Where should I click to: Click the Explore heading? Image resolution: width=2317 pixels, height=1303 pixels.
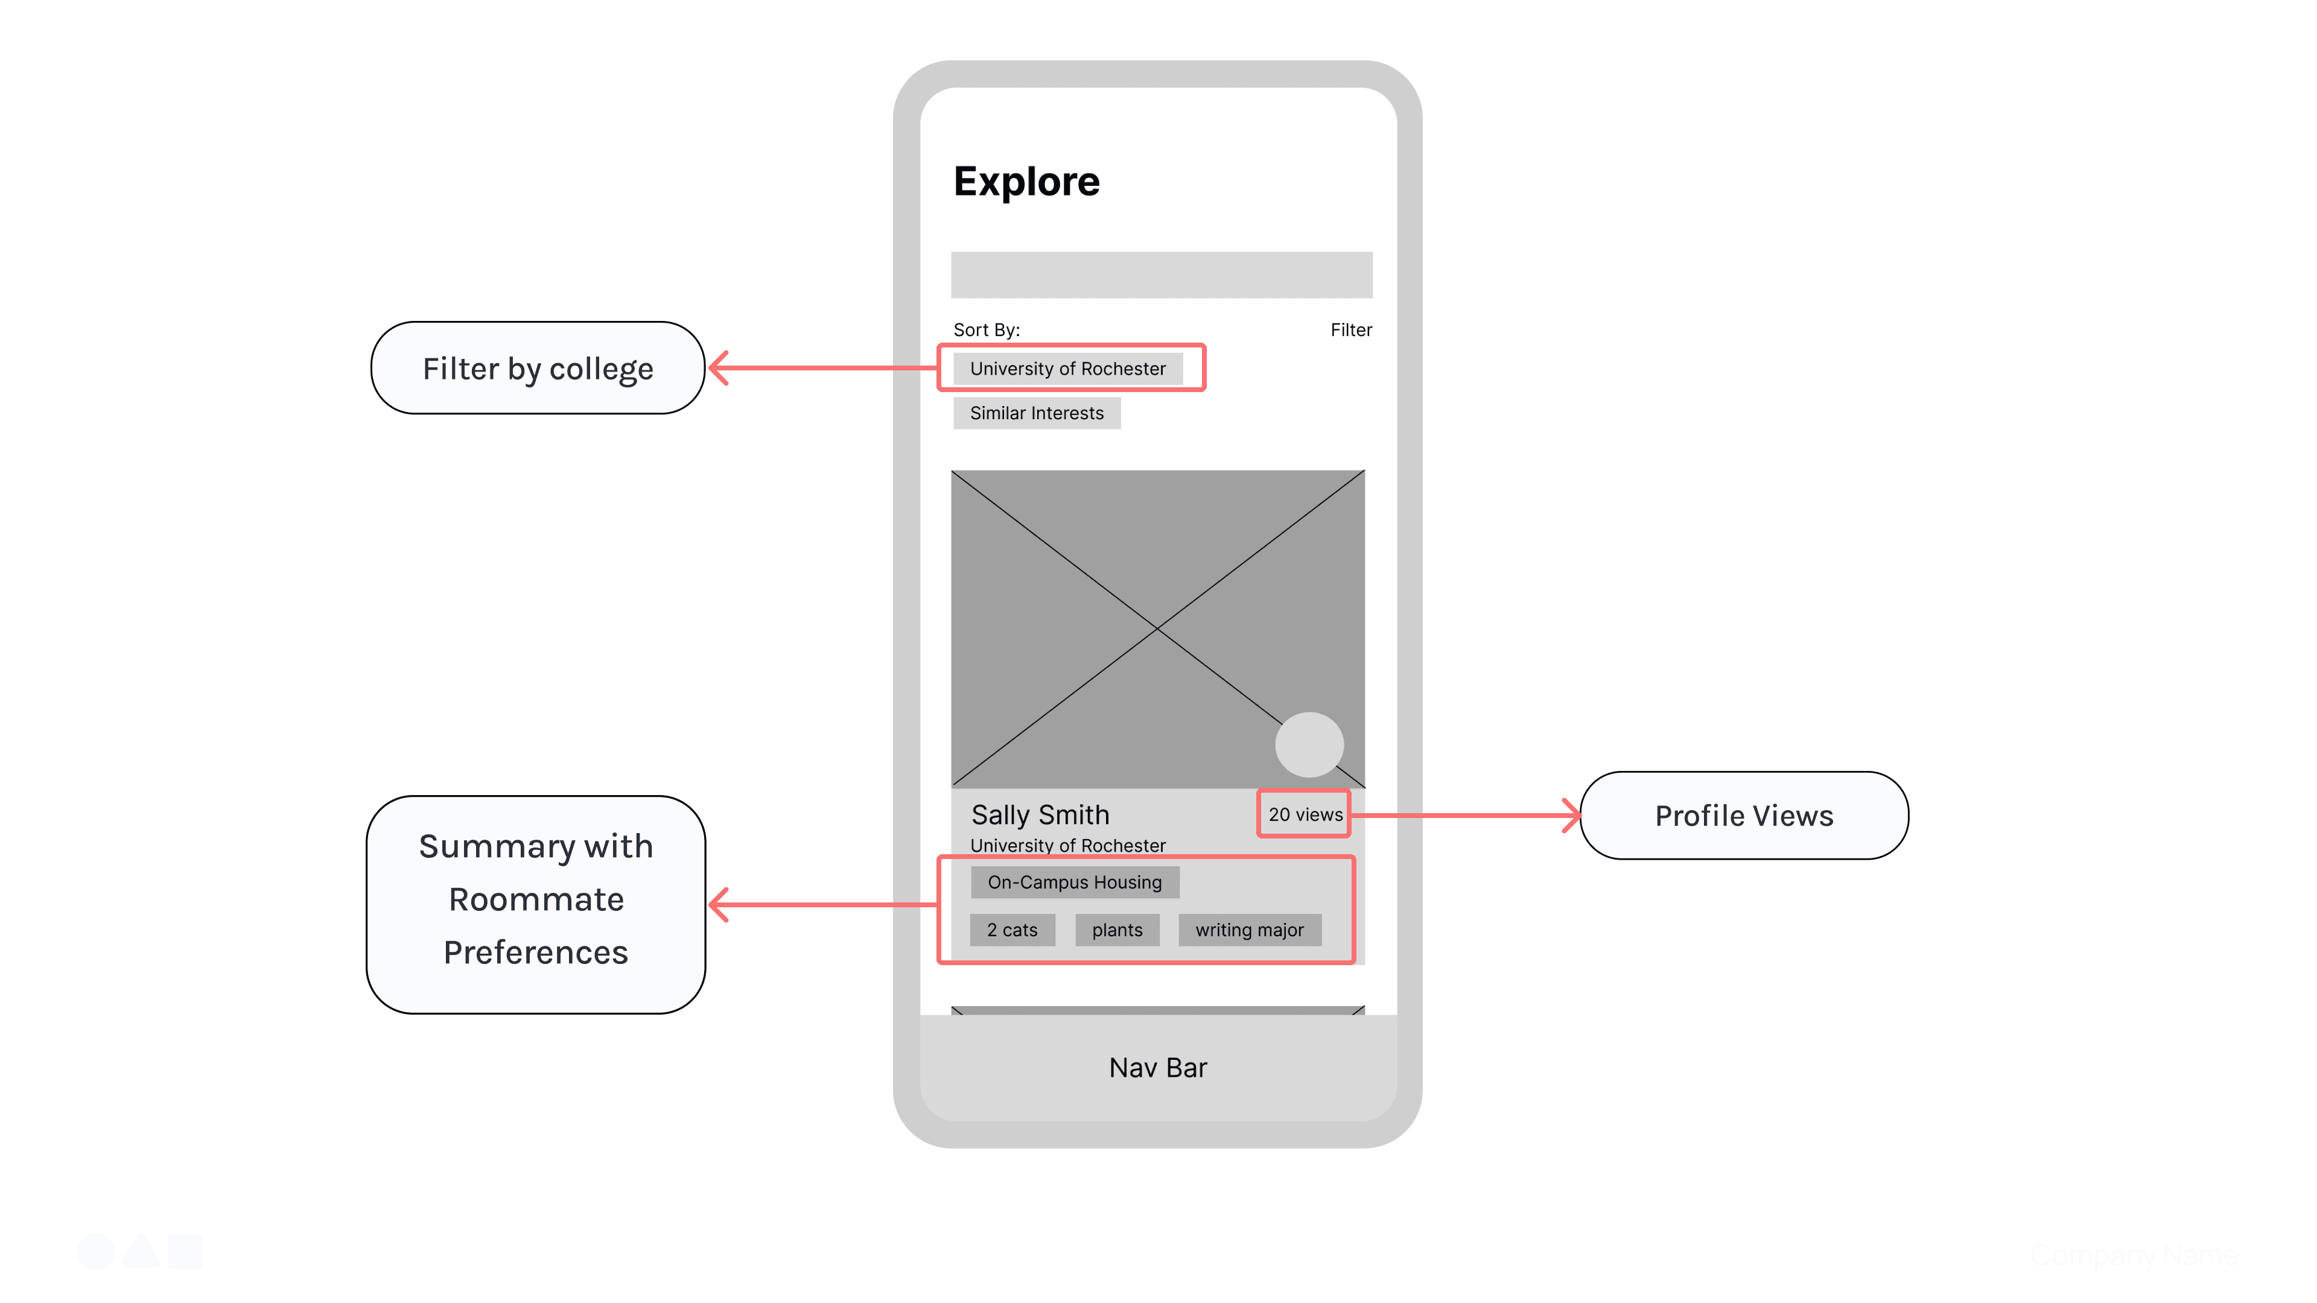tap(1026, 182)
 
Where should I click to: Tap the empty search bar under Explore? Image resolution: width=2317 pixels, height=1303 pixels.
tap(1161, 275)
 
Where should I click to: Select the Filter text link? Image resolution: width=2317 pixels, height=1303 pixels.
tap(1351, 330)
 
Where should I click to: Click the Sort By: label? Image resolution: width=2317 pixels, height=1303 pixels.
tap(987, 330)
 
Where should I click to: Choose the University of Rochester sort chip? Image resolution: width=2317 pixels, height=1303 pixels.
tap(1067, 369)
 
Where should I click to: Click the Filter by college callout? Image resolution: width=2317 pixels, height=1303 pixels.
tap(538, 369)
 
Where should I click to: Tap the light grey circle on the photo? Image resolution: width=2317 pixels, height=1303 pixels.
tap(1309, 744)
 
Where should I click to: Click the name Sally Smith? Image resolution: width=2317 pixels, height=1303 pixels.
tap(1040, 815)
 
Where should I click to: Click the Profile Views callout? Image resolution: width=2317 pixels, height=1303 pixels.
tap(1743, 816)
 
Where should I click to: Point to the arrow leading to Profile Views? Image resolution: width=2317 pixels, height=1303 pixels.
tap(1466, 816)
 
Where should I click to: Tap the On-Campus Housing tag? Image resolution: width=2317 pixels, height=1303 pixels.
tap(1075, 882)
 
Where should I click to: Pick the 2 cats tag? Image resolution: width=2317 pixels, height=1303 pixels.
tap(1012, 930)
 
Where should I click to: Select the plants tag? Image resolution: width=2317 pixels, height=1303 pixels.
tap(1117, 930)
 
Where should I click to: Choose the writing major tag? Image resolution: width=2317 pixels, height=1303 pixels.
tap(1250, 930)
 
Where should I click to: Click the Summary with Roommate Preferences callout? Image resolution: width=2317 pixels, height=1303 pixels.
tap(536, 900)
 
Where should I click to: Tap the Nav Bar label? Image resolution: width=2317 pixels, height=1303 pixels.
tap(1158, 1067)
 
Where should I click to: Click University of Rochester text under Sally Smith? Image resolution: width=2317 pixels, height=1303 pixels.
tap(1067, 845)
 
